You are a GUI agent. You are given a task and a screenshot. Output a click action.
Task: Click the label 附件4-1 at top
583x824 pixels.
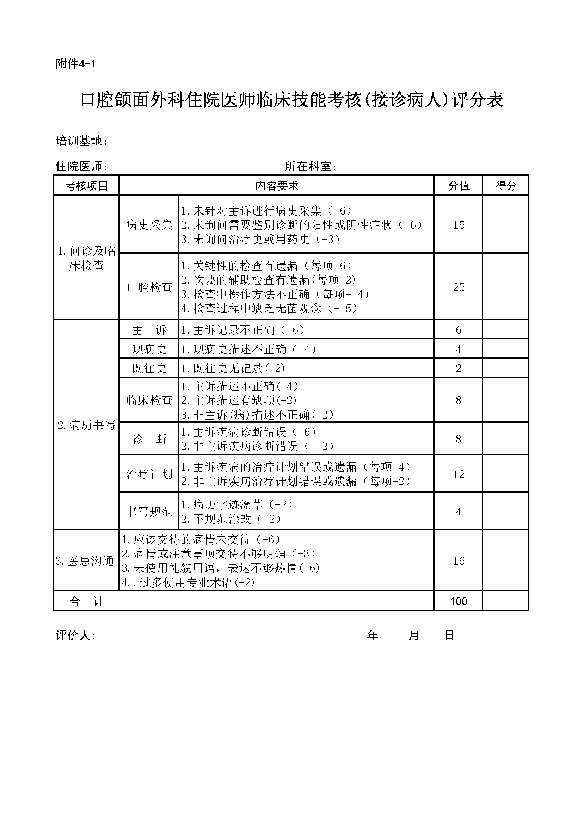pos(75,64)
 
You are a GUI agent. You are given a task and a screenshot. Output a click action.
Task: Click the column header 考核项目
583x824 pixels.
pos(86,186)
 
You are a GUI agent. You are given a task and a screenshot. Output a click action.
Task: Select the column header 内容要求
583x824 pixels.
pos(277,186)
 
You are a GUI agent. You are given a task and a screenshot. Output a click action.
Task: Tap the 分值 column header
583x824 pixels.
pos(459,186)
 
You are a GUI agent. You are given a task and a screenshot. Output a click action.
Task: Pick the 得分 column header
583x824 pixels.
pos(506,186)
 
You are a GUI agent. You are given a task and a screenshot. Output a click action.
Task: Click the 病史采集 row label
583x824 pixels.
pos(149,225)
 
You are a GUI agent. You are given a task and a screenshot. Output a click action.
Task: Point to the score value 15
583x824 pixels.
pos(459,225)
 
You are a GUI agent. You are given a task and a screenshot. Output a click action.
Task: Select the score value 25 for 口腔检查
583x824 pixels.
pos(459,287)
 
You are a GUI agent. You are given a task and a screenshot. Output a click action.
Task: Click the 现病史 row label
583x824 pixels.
pos(149,349)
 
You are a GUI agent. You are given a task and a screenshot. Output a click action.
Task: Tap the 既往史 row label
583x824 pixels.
pos(149,368)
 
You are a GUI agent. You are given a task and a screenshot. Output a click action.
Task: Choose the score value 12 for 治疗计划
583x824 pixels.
pos(459,474)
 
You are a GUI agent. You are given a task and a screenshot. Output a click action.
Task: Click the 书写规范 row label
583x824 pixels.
pos(149,512)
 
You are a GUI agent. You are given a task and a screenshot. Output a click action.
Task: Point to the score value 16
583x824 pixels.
pos(459,561)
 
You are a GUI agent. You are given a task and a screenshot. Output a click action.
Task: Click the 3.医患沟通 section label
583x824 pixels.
pos(85,561)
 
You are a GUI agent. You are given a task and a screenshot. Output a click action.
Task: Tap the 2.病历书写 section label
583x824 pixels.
pos(86,426)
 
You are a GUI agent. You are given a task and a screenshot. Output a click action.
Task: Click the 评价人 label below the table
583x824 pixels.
pos(75,636)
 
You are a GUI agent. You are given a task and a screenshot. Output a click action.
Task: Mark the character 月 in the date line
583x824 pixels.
pos(413,636)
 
